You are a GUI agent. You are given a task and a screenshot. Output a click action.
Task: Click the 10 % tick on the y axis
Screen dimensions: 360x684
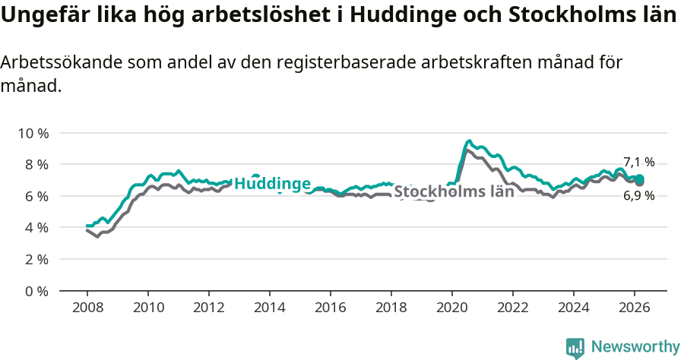tap(32, 133)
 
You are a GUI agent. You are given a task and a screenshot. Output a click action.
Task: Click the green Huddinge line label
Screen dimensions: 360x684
tap(272, 184)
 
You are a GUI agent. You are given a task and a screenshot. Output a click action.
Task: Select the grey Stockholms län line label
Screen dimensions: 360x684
tap(454, 191)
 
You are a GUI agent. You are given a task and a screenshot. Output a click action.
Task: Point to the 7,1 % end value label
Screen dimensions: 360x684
tap(638, 162)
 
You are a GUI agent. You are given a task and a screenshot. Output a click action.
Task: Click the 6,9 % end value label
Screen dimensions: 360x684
tap(638, 196)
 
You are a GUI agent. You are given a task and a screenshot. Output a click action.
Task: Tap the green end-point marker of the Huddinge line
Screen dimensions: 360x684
tap(640, 179)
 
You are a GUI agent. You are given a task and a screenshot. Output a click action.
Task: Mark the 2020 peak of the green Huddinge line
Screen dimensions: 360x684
tap(469, 141)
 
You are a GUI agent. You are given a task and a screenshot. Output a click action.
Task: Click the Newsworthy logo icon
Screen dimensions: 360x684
tap(575, 347)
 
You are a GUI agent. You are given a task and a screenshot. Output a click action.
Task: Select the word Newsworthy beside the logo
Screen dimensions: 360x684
tap(635, 347)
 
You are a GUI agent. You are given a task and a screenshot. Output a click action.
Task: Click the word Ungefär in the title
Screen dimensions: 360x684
tap(43, 16)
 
